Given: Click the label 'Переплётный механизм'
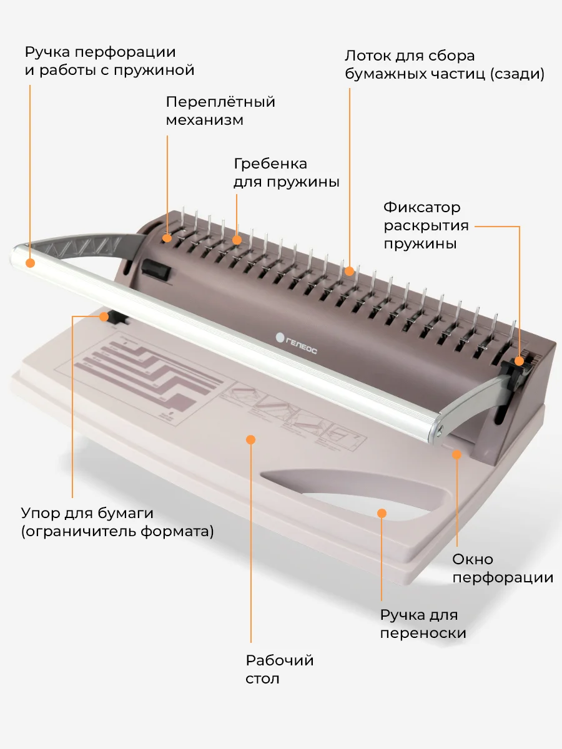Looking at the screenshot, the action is (220, 110).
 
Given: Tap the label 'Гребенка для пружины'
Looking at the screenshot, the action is (287, 173).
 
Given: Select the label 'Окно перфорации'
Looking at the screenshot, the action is (503, 569).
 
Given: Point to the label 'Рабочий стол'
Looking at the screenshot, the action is (280, 670).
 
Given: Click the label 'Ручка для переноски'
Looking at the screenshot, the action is (423, 624).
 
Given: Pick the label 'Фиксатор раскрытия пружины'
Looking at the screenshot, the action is (426, 225).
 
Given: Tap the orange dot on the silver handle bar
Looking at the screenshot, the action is (31, 263).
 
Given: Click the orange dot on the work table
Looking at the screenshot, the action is (251, 440).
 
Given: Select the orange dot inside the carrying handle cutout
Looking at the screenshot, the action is (382, 513).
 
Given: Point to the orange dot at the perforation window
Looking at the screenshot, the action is (457, 454).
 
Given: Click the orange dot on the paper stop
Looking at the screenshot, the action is (104, 316).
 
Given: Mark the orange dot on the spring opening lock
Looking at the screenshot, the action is (519, 361).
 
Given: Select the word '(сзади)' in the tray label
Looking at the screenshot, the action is (517, 74).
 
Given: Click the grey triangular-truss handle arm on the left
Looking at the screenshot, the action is (92, 244).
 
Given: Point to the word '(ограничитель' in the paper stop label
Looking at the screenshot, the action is (79, 531).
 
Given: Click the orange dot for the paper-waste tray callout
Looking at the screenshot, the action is (349, 272).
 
